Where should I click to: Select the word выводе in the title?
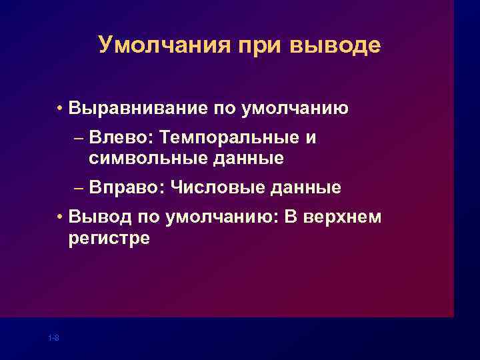pyautogui.click(x=336, y=45)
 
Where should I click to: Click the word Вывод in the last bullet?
pyautogui.click(x=97, y=217)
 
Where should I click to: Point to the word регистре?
pyautogui.click(x=109, y=238)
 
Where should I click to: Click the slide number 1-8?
pyautogui.click(x=54, y=339)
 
